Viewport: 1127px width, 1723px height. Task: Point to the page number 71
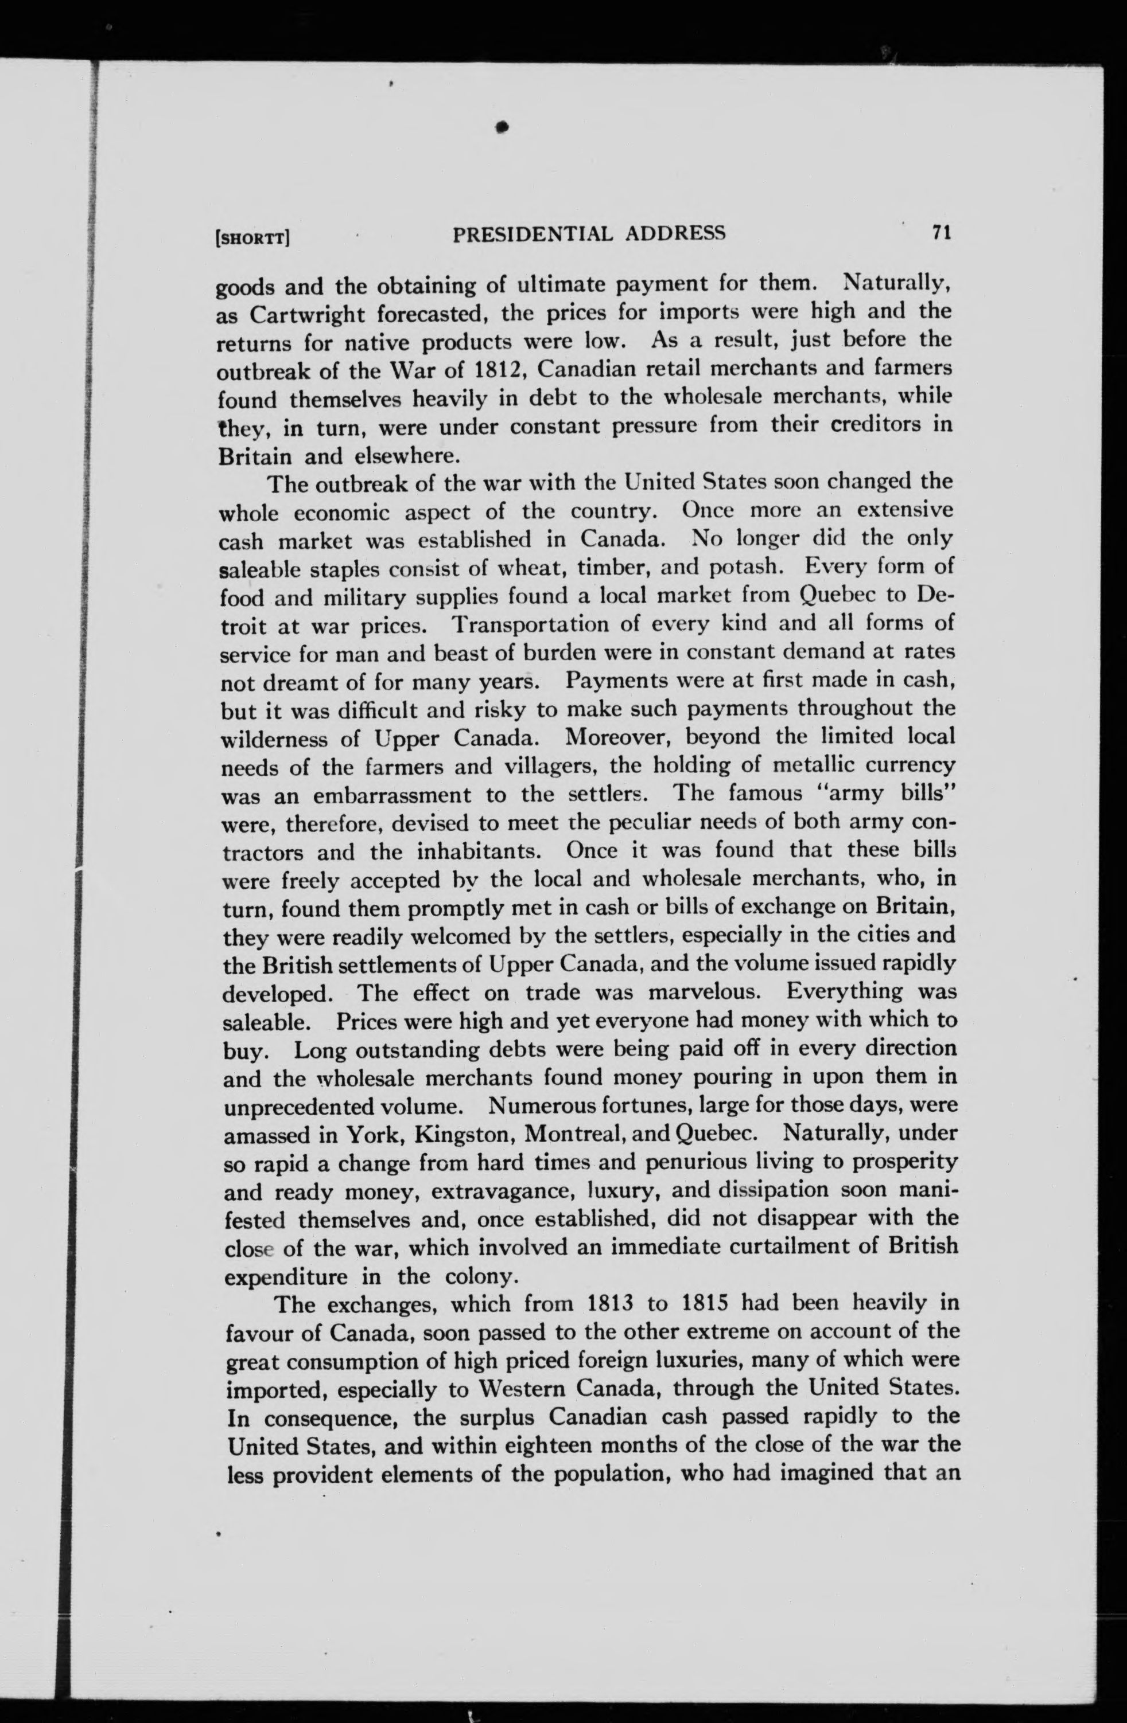tap(942, 232)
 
